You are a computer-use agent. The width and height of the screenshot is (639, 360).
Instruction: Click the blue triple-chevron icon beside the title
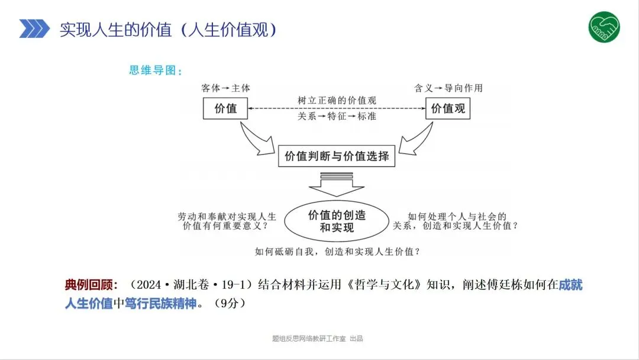point(34,28)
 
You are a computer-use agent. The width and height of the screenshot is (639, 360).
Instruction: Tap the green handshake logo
point(603,27)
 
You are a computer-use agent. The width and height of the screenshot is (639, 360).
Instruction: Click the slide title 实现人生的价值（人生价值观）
point(168,30)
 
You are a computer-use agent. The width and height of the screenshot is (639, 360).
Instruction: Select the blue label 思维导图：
point(156,70)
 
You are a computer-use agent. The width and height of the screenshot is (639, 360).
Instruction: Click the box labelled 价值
point(225,108)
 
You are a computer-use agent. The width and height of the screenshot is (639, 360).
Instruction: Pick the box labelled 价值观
point(448,108)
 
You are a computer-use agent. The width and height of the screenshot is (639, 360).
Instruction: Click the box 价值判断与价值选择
point(337,156)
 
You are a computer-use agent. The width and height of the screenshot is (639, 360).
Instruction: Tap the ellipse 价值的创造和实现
point(337,221)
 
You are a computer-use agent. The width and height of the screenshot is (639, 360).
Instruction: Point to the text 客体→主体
point(225,88)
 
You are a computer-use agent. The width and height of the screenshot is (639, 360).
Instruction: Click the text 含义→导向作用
point(448,88)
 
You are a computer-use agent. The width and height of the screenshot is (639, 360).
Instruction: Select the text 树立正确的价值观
point(337,101)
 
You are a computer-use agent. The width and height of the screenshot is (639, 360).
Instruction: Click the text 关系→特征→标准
point(337,116)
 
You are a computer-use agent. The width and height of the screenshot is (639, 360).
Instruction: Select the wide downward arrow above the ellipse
point(337,185)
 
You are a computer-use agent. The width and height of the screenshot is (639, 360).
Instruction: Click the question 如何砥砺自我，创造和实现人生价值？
point(337,250)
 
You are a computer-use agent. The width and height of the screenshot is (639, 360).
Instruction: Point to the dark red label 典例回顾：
point(92,285)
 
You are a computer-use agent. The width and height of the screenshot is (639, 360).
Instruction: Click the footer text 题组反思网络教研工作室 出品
point(317,339)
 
